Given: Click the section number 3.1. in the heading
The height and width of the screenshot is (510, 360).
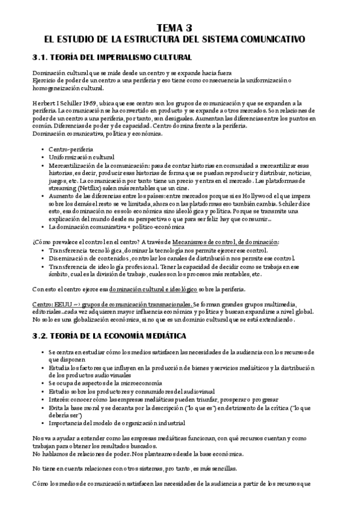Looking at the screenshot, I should [x=43, y=57].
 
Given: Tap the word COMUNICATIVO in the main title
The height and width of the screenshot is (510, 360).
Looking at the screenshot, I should [x=272, y=39].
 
